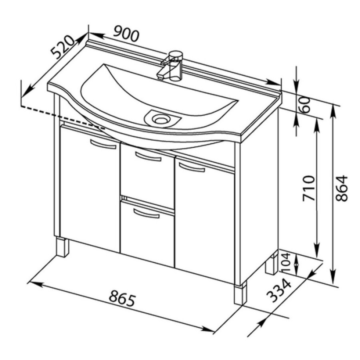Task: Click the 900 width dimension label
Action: (126, 34)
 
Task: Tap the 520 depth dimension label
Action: (62, 50)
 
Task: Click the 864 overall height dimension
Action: (342, 188)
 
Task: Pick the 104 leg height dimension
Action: (286, 263)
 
